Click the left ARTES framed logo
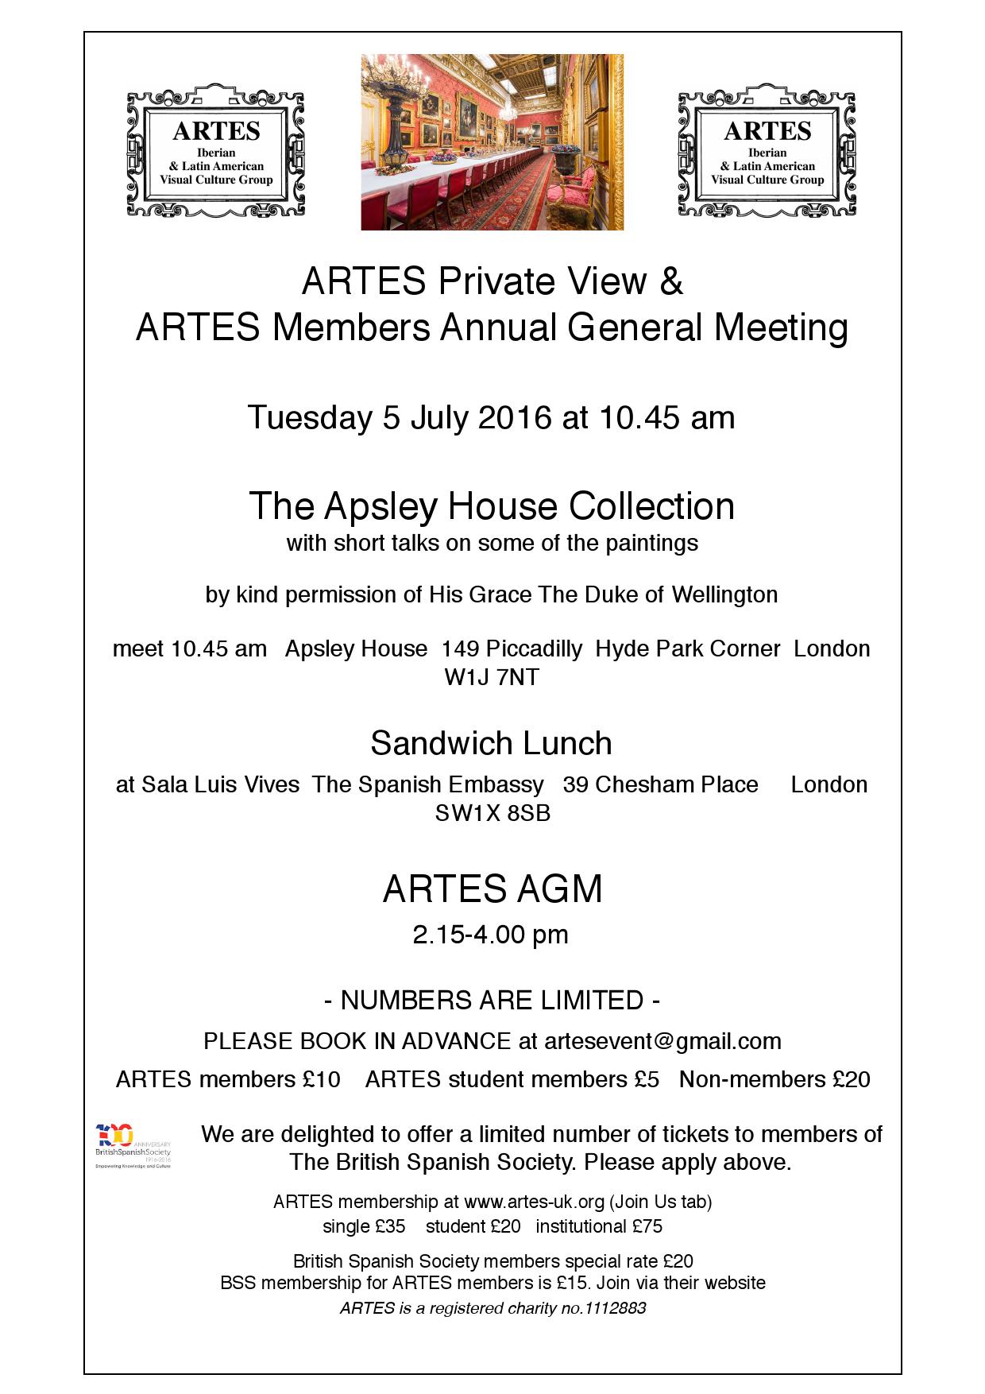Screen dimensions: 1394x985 click(x=215, y=149)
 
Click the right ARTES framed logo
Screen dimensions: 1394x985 click(x=767, y=149)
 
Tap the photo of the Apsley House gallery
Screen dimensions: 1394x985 click(x=492, y=142)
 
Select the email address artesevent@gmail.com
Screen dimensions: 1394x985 click(x=662, y=1041)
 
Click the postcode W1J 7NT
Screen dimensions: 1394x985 click(x=492, y=677)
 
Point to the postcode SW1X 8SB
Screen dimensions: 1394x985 click(x=492, y=813)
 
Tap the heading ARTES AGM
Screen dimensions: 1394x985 click(x=492, y=889)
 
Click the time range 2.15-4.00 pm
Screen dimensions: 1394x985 click(x=490, y=935)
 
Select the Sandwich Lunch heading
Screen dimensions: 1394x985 click(x=492, y=743)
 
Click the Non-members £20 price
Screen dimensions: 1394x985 click(x=774, y=1079)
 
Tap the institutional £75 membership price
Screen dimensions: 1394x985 click(x=599, y=1226)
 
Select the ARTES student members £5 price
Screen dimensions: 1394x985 click(x=512, y=1079)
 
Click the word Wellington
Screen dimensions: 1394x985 click(x=724, y=594)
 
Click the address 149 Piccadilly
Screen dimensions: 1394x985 click(x=512, y=649)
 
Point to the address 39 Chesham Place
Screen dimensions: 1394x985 click(x=660, y=784)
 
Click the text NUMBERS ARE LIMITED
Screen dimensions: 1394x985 click(x=492, y=1000)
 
